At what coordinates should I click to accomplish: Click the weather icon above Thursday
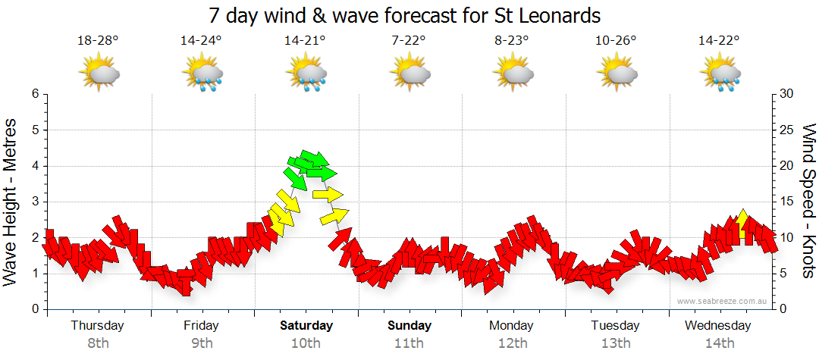pos(99,74)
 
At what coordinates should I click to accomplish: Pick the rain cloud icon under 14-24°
pos(202,74)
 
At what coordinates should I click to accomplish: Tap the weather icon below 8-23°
pos(513,74)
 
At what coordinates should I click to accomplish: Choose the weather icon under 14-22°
pos(720,74)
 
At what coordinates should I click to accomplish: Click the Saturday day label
pos(306,326)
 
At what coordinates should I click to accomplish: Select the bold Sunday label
pos(409,326)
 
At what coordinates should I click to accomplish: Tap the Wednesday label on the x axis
pos(717,326)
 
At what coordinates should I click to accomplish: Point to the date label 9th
pos(202,343)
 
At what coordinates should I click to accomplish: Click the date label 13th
pos(615,343)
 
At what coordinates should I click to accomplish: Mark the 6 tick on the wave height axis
pos(34,94)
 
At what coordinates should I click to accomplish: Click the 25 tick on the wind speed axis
pos(787,130)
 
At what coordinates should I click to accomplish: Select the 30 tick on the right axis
pos(787,94)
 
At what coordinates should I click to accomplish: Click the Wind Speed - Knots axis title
pos(808,201)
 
